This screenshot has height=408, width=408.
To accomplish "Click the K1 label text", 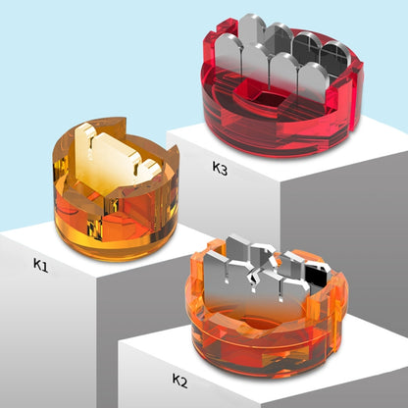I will tap(40, 264).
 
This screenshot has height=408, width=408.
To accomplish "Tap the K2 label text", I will tap(179, 379).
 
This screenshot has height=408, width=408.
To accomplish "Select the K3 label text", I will tap(219, 167).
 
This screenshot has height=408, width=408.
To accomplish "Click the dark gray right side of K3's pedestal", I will tap(378, 196).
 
